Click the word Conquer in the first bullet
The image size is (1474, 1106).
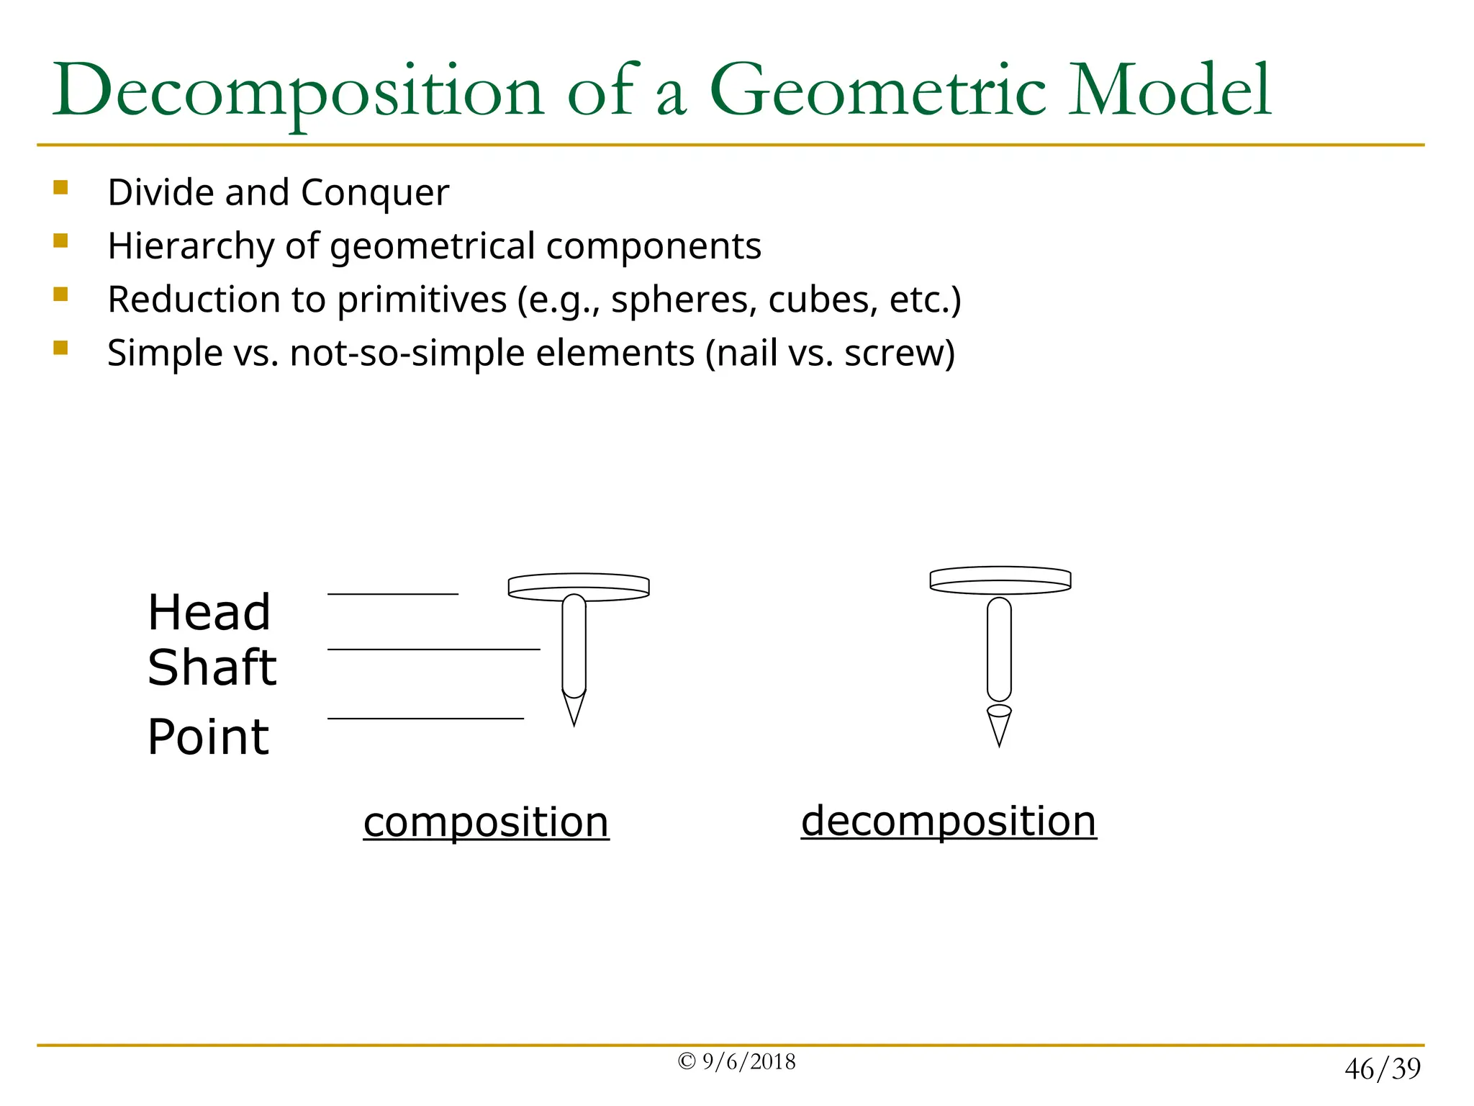(x=374, y=193)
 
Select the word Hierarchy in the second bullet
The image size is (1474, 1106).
(x=191, y=246)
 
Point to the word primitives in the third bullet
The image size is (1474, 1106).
(x=422, y=300)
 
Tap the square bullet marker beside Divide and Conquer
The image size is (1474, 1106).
(x=60, y=188)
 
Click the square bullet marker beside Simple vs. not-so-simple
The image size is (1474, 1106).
(x=60, y=349)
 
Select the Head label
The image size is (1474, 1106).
(x=209, y=613)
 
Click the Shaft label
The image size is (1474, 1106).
(x=212, y=667)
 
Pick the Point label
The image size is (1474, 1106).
(x=208, y=737)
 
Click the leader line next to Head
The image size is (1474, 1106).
(x=392, y=594)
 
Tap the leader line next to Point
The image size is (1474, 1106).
(x=425, y=719)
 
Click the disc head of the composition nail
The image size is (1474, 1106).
(x=579, y=586)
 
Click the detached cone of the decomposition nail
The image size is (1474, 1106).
(x=999, y=726)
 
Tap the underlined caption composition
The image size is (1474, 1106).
(x=486, y=822)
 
